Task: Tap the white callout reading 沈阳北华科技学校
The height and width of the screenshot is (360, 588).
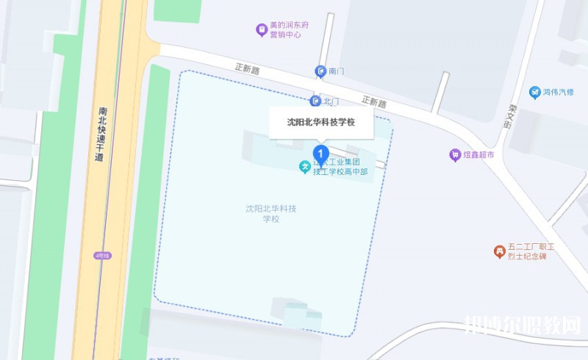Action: tap(321, 123)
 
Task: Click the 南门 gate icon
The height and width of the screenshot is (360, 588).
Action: tap(320, 71)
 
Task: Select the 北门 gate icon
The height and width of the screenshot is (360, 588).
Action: tap(315, 101)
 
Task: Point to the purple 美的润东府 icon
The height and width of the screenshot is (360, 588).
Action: tap(260, 29)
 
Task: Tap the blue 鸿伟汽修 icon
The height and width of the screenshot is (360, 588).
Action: tap(535, 92)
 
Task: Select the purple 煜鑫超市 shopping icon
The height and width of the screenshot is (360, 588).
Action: tap(455, 155)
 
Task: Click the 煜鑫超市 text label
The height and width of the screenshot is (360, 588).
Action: tap(479, 156)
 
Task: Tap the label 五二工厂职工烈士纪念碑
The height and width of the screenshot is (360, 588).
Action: tap(529, 252)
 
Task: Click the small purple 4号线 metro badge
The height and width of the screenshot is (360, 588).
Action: tap(101, 255)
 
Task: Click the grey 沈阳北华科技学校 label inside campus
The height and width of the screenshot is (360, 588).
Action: tap(271, 214)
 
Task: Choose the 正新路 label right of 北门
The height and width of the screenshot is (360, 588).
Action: tap(374, 102)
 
